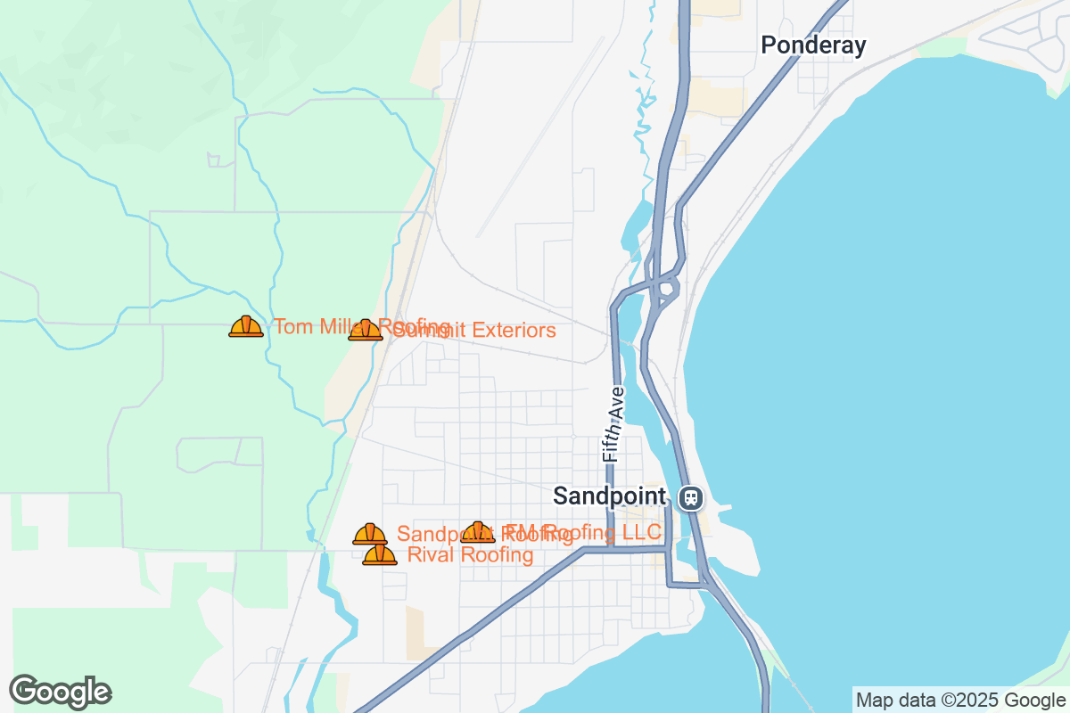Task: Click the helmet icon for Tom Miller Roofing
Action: point(246,327)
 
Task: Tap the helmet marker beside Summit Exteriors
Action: point(365,331)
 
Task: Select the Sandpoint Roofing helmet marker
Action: point(369,535)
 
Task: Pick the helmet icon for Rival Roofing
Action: point(380,555)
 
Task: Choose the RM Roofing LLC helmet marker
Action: point(479,533)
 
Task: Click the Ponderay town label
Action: point(812,45)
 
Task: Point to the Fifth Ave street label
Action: point(612,423)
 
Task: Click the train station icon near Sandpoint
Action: point(689,497)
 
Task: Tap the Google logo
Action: point(60,692)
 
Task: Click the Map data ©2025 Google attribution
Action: point(959,701)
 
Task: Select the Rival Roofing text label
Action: point(470,555)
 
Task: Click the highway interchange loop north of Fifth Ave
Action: point(664,288)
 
